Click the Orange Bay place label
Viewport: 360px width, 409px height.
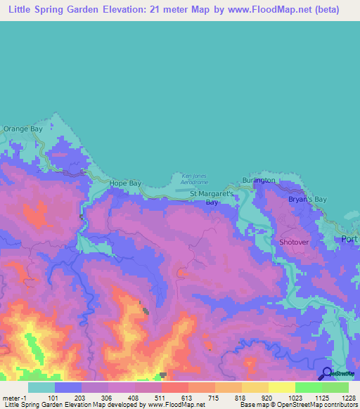pos(23,129)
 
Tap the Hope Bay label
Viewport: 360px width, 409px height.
pos(125,183)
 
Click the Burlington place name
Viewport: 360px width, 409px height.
pos(259,181)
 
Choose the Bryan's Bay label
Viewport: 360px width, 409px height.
pos(308,200)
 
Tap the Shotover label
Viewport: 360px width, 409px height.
pos(294,242)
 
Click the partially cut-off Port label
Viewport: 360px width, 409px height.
pos(349,239)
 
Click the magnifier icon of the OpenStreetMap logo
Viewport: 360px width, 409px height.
pos(326,373)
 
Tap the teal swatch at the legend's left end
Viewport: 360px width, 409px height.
pos(41,387)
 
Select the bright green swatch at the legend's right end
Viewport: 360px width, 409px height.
pos(335,387)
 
